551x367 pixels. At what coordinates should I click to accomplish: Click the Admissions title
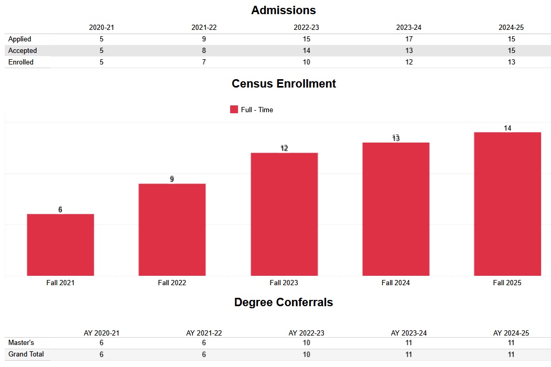283,10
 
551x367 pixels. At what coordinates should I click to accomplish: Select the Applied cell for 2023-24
409,39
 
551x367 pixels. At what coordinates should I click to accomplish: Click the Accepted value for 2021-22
204,50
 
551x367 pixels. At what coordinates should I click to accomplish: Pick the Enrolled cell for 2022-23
306,62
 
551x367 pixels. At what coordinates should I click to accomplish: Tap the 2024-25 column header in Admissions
511,27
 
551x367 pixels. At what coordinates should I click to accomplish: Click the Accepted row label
23,50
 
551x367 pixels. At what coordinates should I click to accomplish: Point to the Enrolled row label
21,62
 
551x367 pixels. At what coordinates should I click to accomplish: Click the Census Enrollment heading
284,83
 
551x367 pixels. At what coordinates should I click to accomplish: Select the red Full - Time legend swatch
234,110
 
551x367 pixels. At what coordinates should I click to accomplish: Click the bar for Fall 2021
60,244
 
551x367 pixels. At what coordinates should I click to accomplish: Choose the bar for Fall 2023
284,214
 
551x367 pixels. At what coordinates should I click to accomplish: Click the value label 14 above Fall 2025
507,128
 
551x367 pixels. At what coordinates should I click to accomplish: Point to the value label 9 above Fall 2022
172,179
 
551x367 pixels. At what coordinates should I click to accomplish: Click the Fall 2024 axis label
395,283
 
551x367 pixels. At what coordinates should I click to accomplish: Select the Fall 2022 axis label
172,283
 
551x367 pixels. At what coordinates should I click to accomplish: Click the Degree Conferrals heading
283,302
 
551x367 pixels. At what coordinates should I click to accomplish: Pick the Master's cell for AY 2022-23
306,343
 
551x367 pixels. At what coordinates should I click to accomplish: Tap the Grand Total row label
26,354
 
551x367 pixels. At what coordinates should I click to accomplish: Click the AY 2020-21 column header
102,333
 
